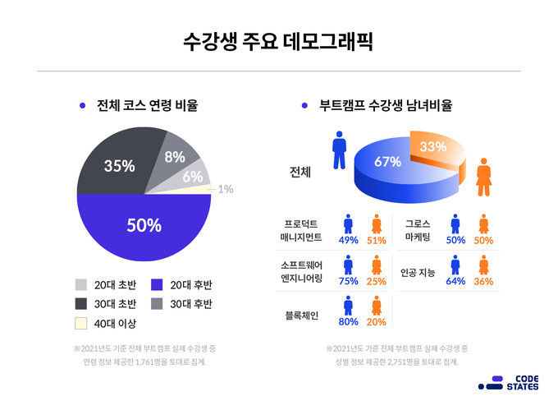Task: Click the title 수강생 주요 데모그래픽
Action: (x=278, y=41)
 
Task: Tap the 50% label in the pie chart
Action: (x=143, y=224)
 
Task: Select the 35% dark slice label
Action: (x=120, y=165)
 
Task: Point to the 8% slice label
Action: (x=175, y=156)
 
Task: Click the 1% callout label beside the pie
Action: (x=225, y=189)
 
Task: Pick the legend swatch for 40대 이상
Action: (x=81, y=324)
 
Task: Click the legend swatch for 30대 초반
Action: (x=81, y=304)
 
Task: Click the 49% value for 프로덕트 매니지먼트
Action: (x=349, y=241)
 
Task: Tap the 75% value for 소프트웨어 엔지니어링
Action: (x=349, y=281)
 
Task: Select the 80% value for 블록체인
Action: (x=349, y=321)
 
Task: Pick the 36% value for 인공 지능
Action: (x=483, y=281)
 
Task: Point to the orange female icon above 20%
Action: (x=377, y=306)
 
